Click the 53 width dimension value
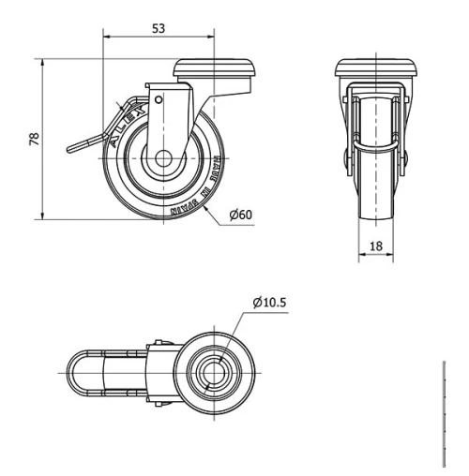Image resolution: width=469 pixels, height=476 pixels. pos(159,29)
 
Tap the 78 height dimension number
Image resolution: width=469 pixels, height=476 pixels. pos(35,140)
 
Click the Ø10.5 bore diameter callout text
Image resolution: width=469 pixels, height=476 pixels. pos(269,302)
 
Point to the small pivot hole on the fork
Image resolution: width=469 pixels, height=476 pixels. pos(159,98)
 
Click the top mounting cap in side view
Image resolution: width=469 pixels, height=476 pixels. pos(215,69)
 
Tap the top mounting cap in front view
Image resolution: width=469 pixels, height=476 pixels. pos(376,68)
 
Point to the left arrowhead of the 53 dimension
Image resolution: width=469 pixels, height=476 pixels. pos(105,38)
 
